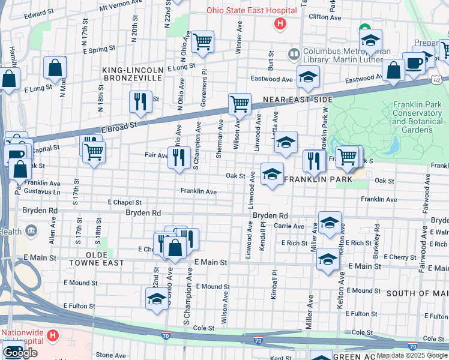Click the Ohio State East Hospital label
pos(252,10)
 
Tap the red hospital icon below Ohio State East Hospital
pos(279,24)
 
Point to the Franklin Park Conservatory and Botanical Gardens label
pos(416,117)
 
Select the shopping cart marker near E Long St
pos(203,42)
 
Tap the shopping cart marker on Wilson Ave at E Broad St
pos(240,103)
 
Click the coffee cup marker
pos(413,63)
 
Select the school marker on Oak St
pos(272,175)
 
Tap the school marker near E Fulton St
pos(157,299)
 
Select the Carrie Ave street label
pos(289,226)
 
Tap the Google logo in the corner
pos(20,353)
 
